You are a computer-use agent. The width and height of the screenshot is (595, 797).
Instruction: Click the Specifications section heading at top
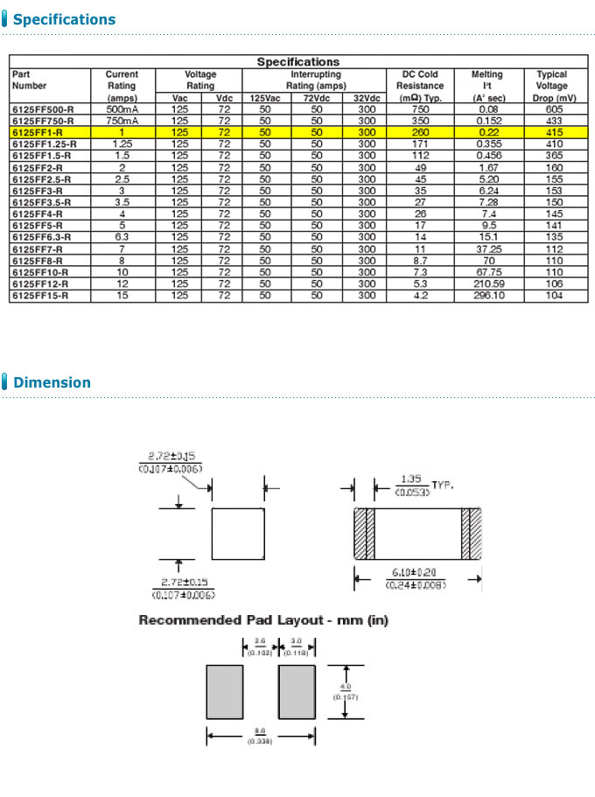64,19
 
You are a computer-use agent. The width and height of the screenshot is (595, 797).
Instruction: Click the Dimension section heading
52,382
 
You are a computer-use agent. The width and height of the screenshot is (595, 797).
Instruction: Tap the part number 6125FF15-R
39,296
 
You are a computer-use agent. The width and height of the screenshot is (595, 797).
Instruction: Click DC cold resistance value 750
420,108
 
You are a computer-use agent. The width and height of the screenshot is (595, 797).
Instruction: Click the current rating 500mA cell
122,108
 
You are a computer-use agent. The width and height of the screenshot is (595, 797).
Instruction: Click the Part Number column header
29,80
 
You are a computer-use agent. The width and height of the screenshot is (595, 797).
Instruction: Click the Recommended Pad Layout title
263,620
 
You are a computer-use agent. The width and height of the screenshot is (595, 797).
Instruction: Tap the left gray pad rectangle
224,692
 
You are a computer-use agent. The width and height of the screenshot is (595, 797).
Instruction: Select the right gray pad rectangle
297,692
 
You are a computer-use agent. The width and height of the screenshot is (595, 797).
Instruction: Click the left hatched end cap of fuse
363,534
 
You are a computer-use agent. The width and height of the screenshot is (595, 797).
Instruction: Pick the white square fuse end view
238,534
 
